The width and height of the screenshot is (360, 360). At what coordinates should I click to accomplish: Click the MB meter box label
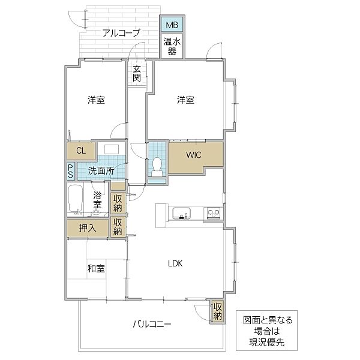[172, 25]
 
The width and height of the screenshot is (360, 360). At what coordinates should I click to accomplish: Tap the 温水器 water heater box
[172, 46]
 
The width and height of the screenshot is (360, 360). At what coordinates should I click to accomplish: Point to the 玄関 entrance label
[137, 73]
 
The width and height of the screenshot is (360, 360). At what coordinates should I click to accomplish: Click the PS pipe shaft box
[70, 170]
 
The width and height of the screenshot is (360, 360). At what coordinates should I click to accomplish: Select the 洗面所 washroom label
[101, 170]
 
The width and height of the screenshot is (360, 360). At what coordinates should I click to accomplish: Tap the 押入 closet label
[87, 228]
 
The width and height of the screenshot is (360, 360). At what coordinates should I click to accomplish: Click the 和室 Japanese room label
[96, 269]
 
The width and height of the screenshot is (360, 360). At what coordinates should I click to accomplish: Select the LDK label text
[175, 263]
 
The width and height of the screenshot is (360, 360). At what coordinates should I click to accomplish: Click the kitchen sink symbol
[181, 212]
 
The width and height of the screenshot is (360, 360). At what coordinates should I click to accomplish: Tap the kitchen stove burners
[213, 212]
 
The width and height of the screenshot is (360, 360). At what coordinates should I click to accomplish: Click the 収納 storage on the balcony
[217, 311]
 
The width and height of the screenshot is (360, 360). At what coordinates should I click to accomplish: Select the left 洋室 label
[96, 100]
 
